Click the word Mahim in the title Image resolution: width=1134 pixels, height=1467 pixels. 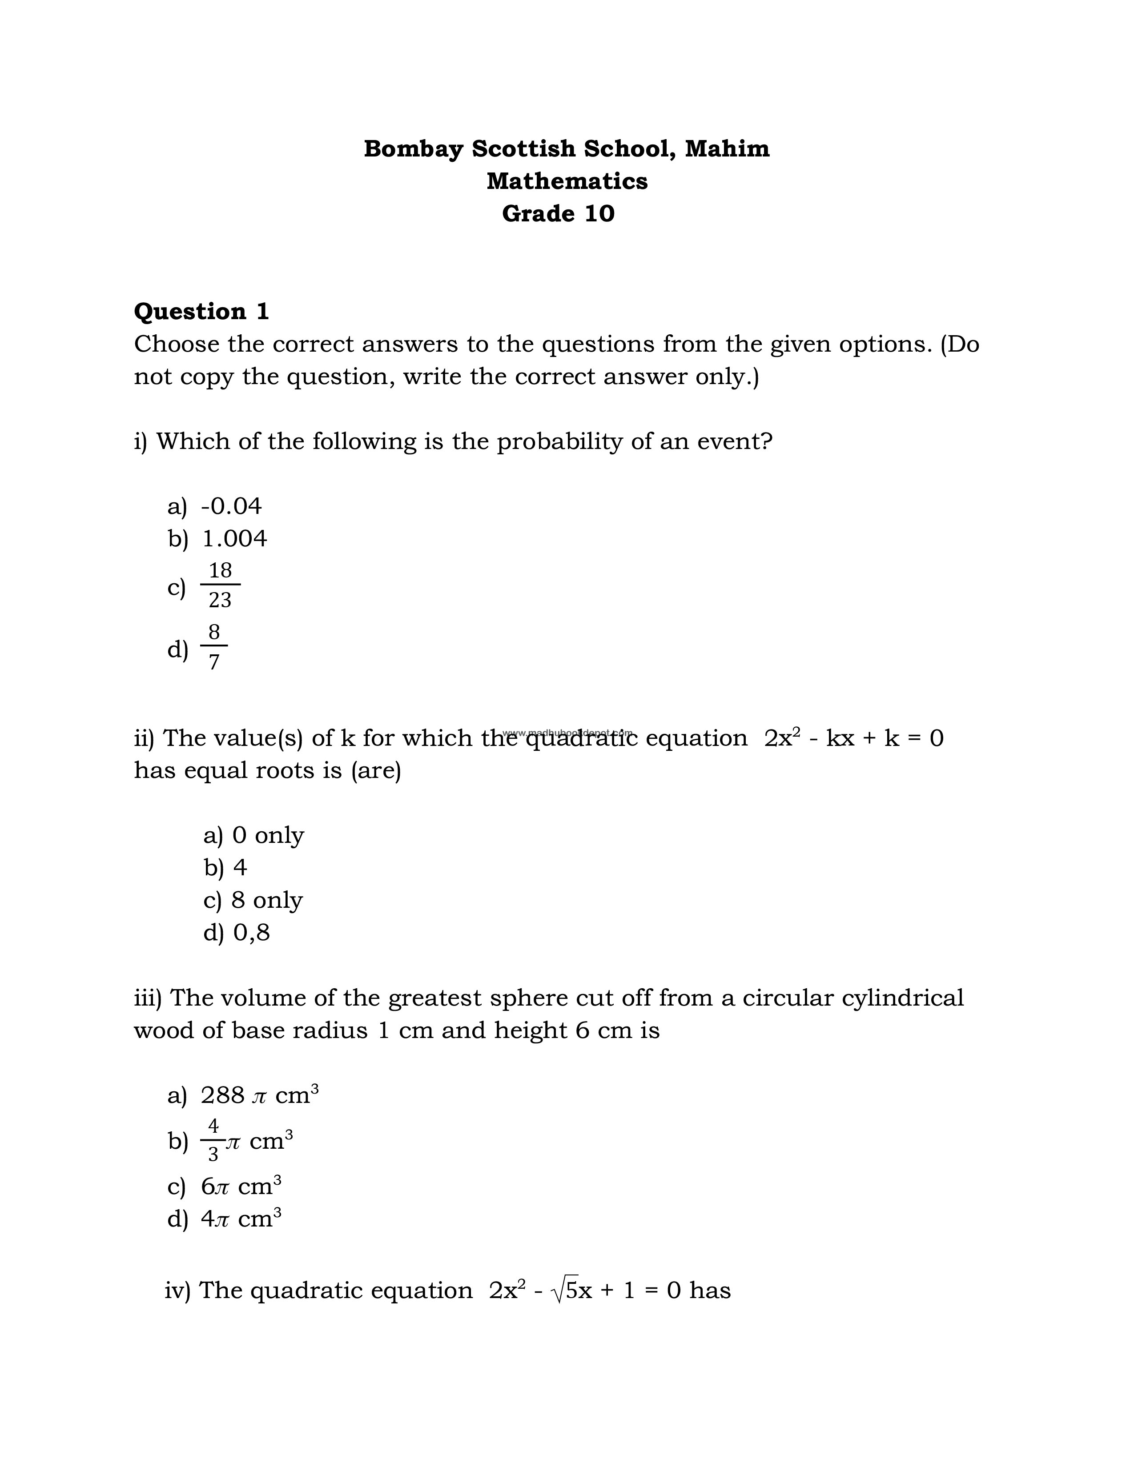[x=727, y=148]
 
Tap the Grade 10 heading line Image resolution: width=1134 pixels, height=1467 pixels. [x=558, y=213]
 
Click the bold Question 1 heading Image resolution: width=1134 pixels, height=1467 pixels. [x=201, y=311]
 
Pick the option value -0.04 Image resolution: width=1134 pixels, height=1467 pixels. [x=231, y=506]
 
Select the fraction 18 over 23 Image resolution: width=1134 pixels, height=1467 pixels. [x=220, y=585]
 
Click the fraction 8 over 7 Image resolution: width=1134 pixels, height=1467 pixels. [x=213, y=647]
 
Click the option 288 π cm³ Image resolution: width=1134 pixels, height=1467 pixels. [x=259, y=1095]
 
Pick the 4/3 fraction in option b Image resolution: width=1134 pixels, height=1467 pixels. [x=213, y=1140]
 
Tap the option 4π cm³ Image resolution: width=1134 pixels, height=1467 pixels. [x=241, y=1218]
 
